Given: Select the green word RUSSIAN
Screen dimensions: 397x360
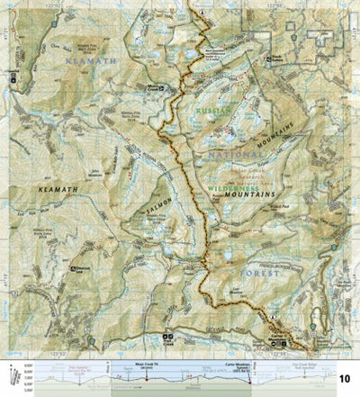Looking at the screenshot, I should (x=214, y=110).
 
